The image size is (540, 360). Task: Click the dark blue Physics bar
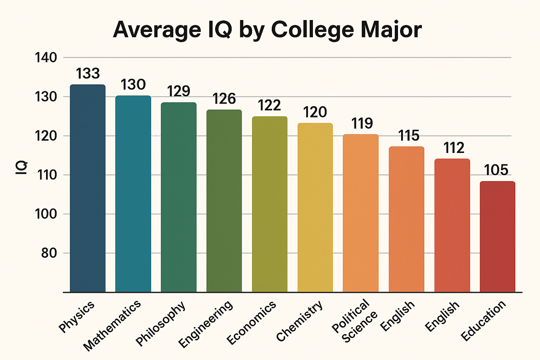coord(88,188)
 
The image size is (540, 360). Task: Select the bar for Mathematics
coord(133,193)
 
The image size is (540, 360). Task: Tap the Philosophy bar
coord(179,197)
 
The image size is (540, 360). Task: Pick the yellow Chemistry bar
coord(315,207)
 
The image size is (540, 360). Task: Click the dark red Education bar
coord(497,236)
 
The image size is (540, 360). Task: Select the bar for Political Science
coord(361,213)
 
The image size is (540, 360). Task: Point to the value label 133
coord(88,74)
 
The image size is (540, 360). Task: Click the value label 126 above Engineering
coord(224,99)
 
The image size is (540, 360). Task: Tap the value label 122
coord(270,106)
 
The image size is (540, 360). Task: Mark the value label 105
coord(496,171)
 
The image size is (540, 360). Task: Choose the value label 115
coord(409,136)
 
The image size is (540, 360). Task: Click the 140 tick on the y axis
coord(46,58)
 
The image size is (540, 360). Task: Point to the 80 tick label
coord(49,253)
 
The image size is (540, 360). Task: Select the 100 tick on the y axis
coord(46,214)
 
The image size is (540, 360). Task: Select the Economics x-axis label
coord(251,323)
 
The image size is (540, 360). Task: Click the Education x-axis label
coord(484,321)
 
